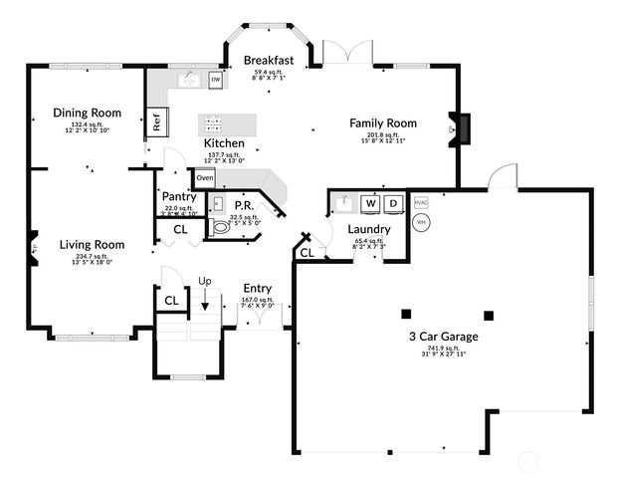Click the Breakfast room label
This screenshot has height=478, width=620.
pyautogui.click(x=269, y=61)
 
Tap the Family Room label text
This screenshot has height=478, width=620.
pyautogui.click(x=382, y=123)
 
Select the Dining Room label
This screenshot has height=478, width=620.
pyautogui.click(x=87, y=113)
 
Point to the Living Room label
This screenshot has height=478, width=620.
pyautogui.click(x=91, y=244)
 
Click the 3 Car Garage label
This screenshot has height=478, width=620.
pyautogui.click(x=443, y=337)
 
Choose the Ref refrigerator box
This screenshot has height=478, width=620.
pyautogui.click(x=157, y=123)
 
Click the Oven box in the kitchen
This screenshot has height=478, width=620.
pyautogui.click(x=205, y=178)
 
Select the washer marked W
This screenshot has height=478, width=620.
pyautogui.click(x=370, y=204)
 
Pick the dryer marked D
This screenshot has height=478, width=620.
pyautogui.click(x=393, y=204)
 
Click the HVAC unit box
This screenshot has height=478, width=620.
pyautogui.click(x=420, y=202)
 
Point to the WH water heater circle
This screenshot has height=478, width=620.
pyautogui.click(x=421, y=222)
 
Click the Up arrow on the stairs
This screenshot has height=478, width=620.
pyautogui.click(x=205, y=296)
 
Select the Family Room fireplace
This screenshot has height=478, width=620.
pyautogui.click(x=462, y=127)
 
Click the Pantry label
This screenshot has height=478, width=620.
pyautogui.click(x=178, y=197)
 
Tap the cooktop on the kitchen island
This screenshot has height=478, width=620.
pyautogui.click(x=212, y=123)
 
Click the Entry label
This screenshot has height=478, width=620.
pyautogui.click(x=258, y=289)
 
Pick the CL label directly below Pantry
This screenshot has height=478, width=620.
pyautogui.click(x=180, y=229)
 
